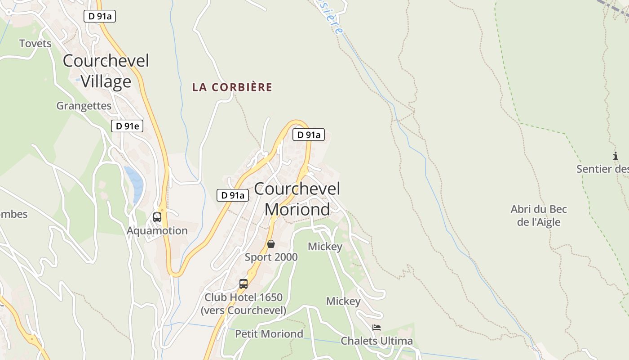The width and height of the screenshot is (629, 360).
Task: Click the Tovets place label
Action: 35,44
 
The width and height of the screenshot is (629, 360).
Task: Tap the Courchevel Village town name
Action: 106,71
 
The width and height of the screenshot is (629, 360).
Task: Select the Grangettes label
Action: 84,106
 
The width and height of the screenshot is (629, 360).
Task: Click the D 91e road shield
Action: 127,126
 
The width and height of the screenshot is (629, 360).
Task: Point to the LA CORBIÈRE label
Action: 232,87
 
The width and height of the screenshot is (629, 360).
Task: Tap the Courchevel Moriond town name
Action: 297,199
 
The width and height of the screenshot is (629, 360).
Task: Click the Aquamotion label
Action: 157,231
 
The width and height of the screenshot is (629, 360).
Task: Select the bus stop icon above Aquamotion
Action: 157,217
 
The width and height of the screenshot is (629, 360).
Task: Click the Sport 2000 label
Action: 271,257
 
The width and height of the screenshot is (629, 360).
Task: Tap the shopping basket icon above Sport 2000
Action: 271,244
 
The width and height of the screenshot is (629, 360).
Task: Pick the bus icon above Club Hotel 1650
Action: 244,284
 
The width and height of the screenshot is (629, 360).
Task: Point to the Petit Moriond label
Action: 269,334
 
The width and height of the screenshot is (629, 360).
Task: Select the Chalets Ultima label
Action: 377,341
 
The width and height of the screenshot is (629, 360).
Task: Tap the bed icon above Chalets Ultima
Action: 377,328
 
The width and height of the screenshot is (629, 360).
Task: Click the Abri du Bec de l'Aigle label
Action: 539,216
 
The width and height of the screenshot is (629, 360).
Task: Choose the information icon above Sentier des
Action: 616,156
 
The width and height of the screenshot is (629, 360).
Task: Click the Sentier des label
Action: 602,169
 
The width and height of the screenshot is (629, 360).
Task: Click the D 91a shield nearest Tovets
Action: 100,16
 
